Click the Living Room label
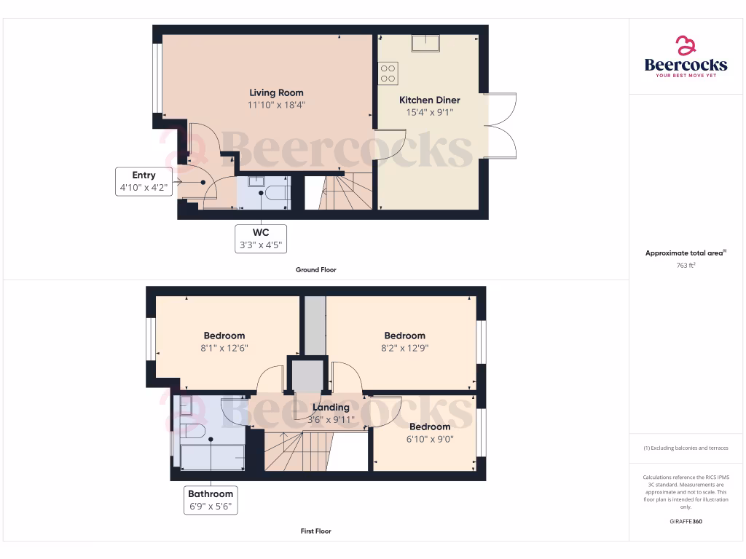pos(276,92)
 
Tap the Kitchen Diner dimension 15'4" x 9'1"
pos(430,113)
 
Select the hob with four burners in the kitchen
pos(388,72)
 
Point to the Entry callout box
pos(144,181)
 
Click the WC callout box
pos(260,239)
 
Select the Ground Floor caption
pos(315,270)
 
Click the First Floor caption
pos(315,531)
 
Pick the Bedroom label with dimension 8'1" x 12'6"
pos(224,336)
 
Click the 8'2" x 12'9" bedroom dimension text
pos(404,348)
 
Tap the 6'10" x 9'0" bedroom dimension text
pos(429,439)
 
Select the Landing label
pos(331,408)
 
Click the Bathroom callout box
pos(210,500)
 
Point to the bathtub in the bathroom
pos(212,456)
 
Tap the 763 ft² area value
pos(686,266)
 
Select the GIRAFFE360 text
pos(686,522)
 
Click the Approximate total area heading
pos(685,253)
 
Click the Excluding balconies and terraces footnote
pos(686,448)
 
